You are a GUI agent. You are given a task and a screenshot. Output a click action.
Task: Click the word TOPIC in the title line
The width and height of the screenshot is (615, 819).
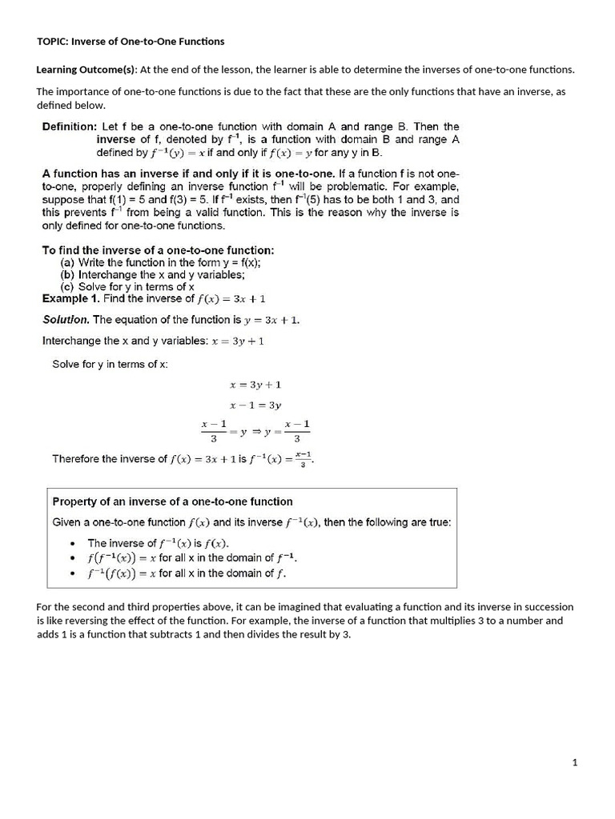click(51, 42)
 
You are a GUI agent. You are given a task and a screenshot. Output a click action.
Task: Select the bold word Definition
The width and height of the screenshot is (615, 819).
click(69, 126)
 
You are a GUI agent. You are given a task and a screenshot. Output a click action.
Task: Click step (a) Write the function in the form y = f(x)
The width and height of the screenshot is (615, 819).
click(161, 262)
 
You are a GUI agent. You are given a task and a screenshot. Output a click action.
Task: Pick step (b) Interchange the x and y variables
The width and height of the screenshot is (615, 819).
click(153, 274)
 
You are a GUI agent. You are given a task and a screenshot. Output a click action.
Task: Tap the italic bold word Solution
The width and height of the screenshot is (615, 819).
click(66, 320)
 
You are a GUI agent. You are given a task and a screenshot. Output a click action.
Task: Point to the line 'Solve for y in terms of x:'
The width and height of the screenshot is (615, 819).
click(110, 364)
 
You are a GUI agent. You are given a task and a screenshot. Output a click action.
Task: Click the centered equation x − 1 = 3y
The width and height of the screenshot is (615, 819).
click(255, 406)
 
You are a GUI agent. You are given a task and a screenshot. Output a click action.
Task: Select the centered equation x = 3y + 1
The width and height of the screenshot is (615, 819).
click(255, 385)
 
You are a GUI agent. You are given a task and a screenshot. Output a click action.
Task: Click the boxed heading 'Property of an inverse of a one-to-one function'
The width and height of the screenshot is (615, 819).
click(172, 502)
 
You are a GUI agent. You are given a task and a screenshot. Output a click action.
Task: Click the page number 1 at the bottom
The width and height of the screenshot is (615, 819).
click(575, 763)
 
